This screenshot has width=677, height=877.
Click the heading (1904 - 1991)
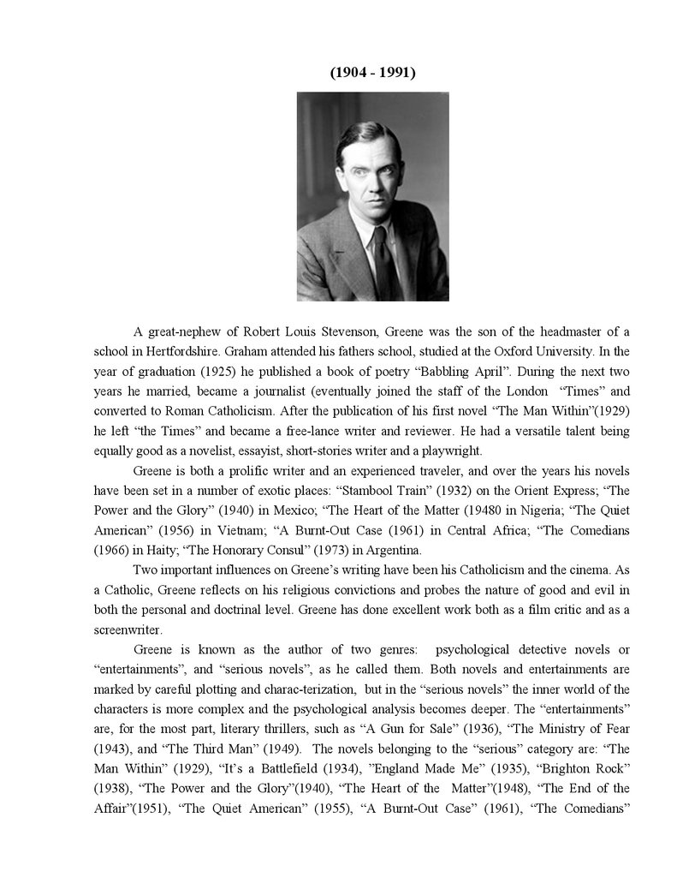coord(372,73)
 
